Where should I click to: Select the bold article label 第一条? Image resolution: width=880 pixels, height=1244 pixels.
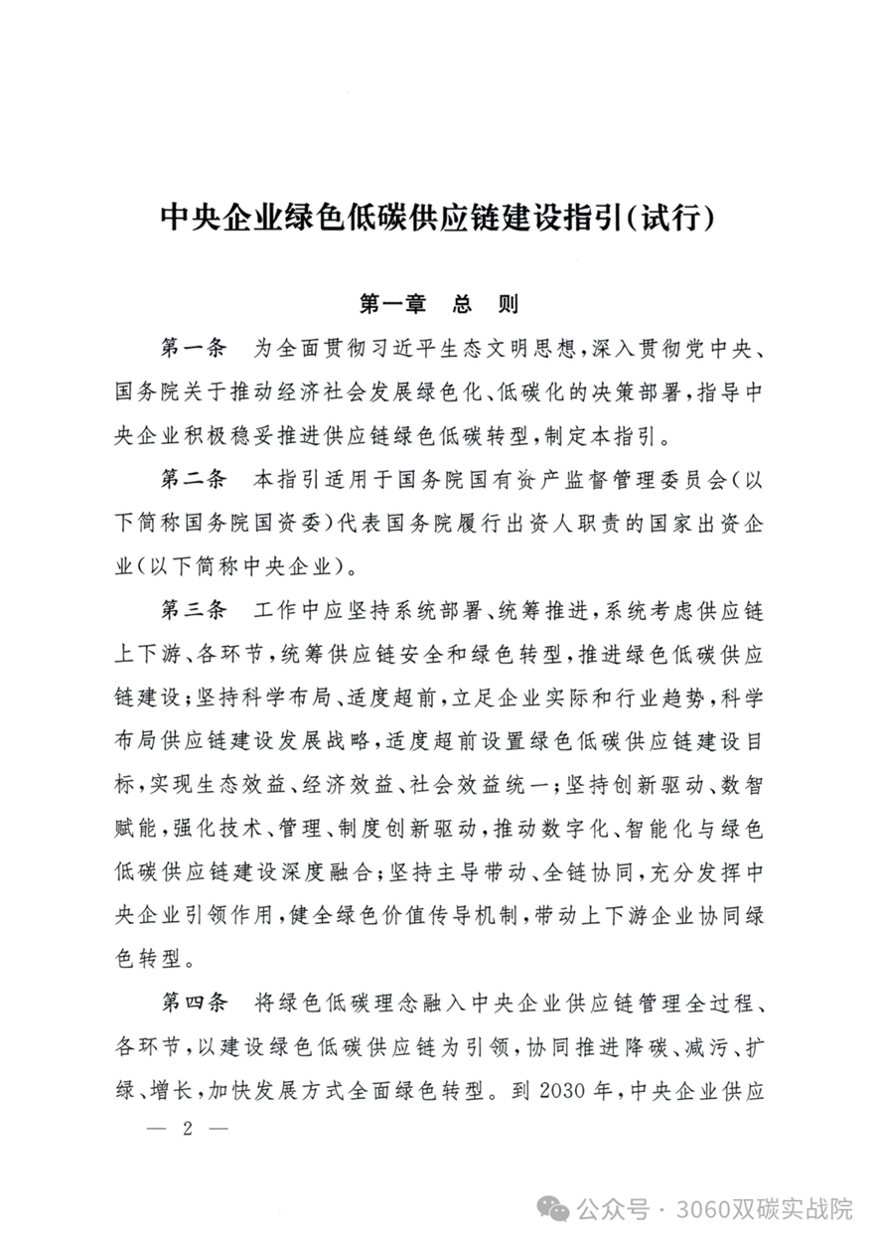(x=194, y=348)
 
